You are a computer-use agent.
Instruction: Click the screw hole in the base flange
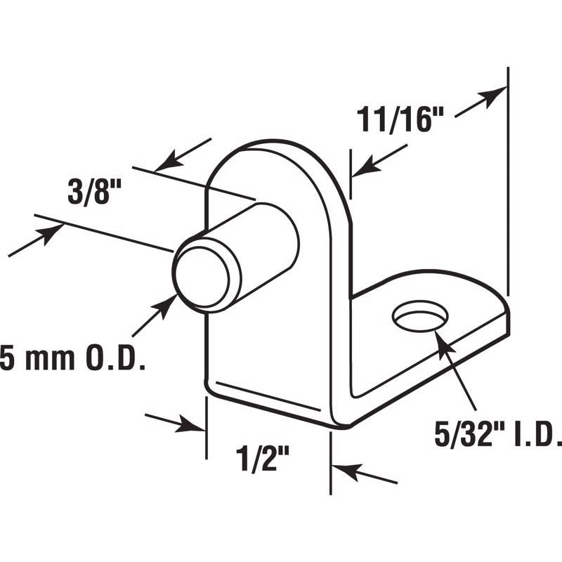pyautogui.click(x=420, y=316)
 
